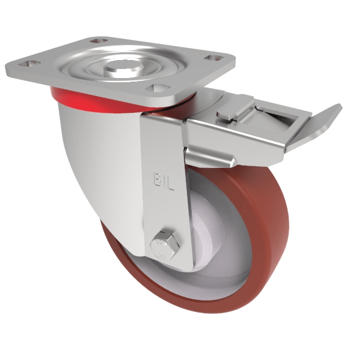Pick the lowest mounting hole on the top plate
coord(157,87)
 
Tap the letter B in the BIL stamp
coord(157,179)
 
